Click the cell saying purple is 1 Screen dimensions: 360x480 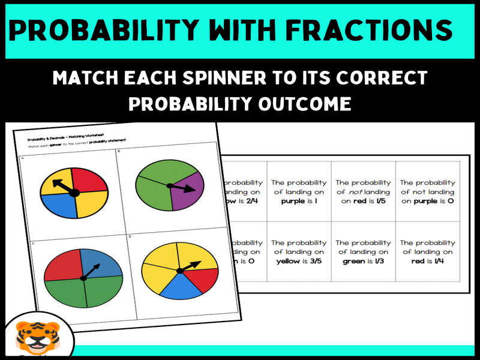pyautogui.click(x=299, y=191)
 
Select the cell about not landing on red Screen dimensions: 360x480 pyautogui.click(x=363, y=191)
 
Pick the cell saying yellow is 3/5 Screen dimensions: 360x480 pyautogui.click(x=299, y=252)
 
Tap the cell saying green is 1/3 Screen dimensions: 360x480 pyautogui.click(x=363, y=252)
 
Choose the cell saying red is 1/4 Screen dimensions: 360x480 pyautogui.click(x=428, y=252)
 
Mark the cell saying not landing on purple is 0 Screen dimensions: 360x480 pyautogui.click(x=428, y=191)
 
